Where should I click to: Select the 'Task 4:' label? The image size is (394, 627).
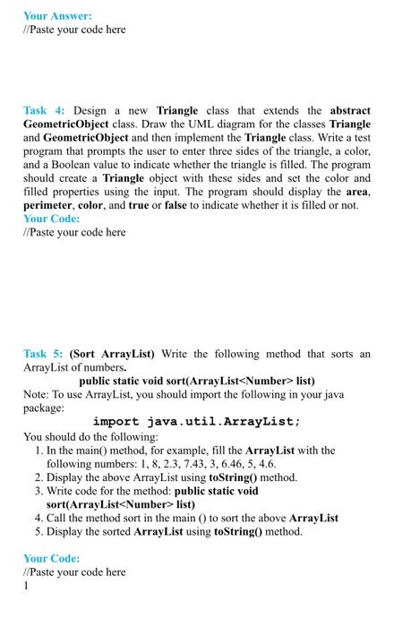[x=42, y=110]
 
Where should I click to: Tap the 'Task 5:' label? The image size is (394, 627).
[x=42, y=355]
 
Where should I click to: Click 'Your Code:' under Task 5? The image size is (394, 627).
[x=52, y=558]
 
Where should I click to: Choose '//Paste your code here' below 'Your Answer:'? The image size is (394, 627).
[x=74, y=30]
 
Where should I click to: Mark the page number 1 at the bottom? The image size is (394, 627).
[x=27, y=586]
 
